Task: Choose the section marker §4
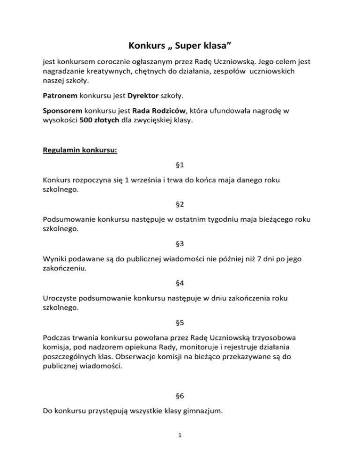click(180, 284)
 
